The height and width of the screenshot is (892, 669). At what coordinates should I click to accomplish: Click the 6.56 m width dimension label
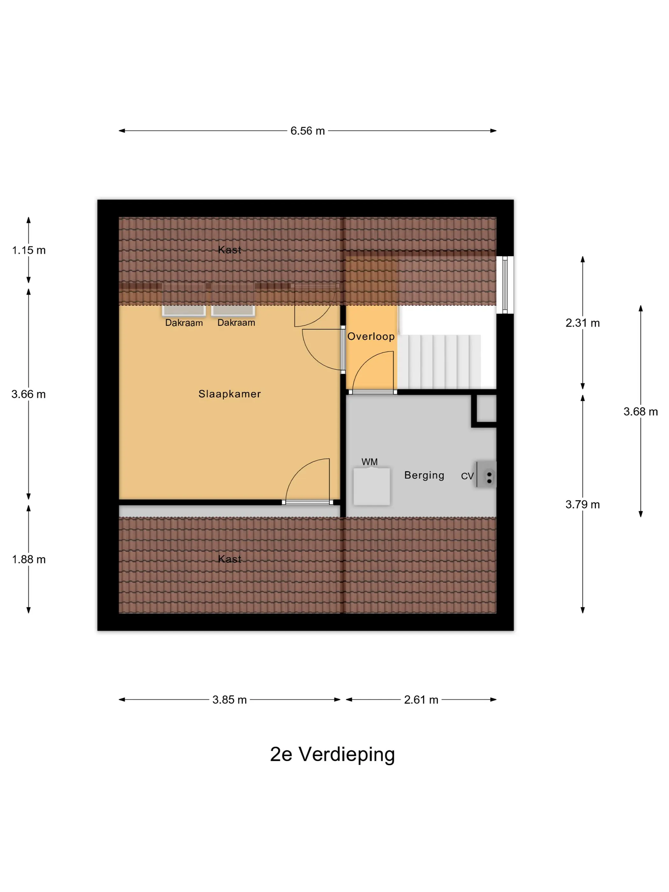click(307, 131)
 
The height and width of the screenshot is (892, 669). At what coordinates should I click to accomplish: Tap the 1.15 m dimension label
click(29, 250)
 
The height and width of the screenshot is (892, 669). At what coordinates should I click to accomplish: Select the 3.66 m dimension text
click(29, 394)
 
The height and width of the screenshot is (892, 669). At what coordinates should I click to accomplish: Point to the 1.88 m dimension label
click(29, 559)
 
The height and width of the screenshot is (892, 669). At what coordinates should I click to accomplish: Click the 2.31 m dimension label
click(582, 323)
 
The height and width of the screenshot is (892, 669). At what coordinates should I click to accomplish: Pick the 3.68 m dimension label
click(640, 412)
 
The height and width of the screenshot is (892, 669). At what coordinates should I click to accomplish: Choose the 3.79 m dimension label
click(582, 505)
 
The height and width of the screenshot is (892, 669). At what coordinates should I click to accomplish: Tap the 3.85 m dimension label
click(229, 700)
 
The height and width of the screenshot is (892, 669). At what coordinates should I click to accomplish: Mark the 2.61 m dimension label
click(421, 700)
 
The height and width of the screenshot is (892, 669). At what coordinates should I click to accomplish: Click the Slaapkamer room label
click(229, 394)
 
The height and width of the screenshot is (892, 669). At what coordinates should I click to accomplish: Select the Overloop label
click(371, 336)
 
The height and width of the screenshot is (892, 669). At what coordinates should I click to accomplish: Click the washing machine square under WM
click(372, 486)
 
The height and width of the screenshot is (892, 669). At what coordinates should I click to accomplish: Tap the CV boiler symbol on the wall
click(486, 475)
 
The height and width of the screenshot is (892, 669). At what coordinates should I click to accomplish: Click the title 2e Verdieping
click(332, 754)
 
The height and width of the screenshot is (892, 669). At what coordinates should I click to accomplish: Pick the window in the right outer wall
click(505, 285)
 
